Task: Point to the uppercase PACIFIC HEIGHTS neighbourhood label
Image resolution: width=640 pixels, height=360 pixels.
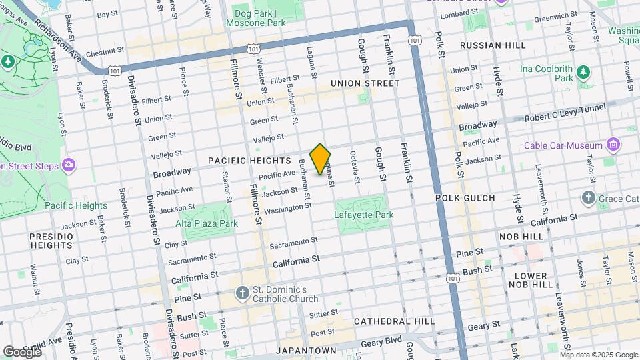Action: [x=249, y=161]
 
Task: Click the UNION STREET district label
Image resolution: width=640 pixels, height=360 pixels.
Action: [x=365, y=83]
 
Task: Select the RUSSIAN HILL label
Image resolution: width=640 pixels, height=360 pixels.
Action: [x=489, y=45]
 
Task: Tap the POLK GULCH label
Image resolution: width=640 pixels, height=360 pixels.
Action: [x=465, y=198]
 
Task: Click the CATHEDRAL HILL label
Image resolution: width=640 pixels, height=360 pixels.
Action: [x=394, y=321]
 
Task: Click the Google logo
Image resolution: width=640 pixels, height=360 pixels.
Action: [x=22, y=351]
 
